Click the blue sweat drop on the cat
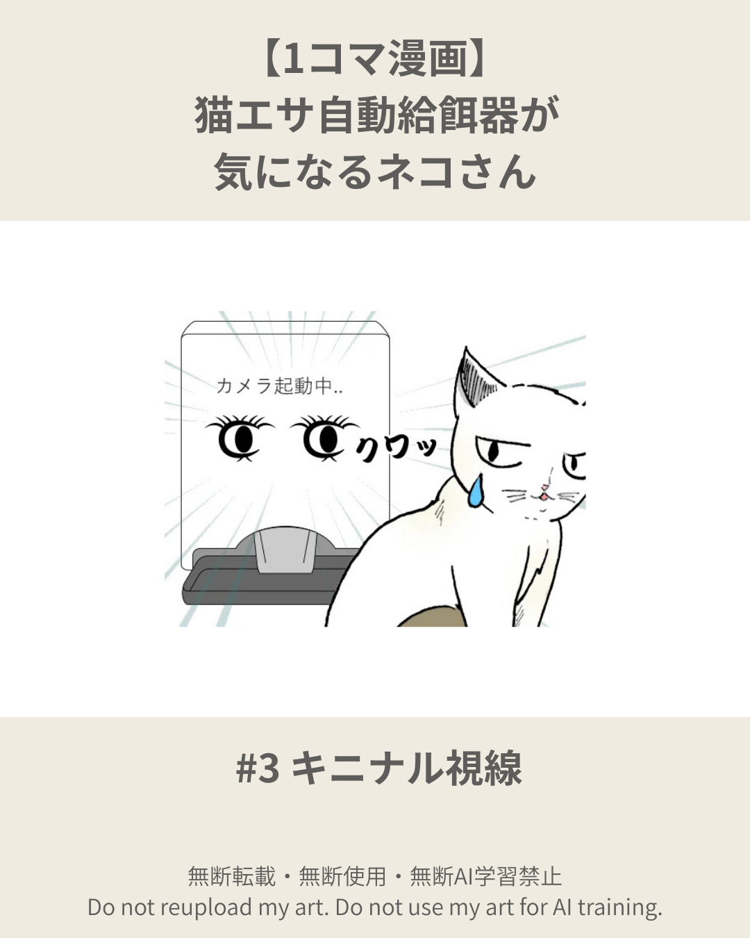pyautogui.click(x=476, y=491)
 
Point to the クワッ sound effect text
pyautogui.click(x=397, y=448)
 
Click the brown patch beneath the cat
pyautogui.click(x=431, y=617)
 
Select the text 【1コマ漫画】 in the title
pyautogui.click(x=375, y=59)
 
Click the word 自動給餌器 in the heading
pyautogui.click(x=417, y=115)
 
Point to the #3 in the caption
pyautogui.click(x=258, y=768)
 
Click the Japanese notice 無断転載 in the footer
pyautogui.click(x=232, y=876)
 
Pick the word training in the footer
pyautogui.click(x=619, y=907)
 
